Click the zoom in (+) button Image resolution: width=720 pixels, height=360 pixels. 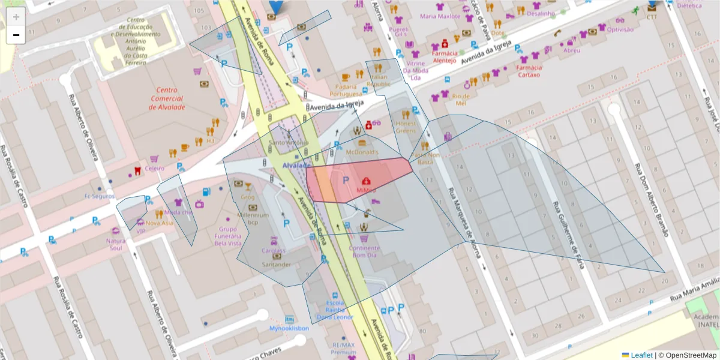[x=16, y=17]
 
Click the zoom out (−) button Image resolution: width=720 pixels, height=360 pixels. [x=16, y=35]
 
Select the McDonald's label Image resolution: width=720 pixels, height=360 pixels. [x=362, y=152]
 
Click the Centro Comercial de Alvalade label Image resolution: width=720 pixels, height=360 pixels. [x=167, y=98]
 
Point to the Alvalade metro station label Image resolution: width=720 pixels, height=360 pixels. [x=296, y=165]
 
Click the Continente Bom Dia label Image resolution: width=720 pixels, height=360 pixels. [x=364, y=251]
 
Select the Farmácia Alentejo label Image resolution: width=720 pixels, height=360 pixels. [x=445, y=56]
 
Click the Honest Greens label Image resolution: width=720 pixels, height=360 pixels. [x=406, y=127]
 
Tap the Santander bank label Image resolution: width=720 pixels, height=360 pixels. [x=277, y=265]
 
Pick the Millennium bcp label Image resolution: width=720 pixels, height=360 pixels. [x=253, y=218]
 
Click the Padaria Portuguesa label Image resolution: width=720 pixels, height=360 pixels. [x=346, y=90]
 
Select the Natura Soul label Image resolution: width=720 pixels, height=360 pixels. [x=116, y=244]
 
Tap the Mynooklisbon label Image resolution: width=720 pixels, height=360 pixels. [x=289, y=328]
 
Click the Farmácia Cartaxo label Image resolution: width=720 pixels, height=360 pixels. [x=528, y=71]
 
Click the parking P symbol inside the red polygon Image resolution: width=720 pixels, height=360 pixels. [x=345, y=180]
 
